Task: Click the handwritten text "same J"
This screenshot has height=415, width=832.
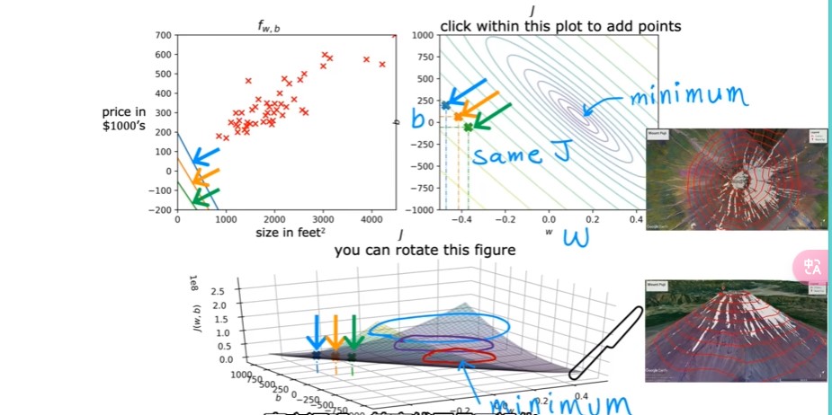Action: coord(522,155)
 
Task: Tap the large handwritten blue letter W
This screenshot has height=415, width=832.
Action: coord(575,238)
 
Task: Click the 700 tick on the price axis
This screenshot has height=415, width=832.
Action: coord(162,35)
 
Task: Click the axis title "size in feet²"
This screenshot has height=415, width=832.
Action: coord(285,234)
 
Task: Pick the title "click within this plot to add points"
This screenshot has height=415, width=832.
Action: coord(559,26)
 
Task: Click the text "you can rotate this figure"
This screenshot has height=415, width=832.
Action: coord(425,250)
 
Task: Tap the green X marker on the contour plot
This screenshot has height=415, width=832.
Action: coord(468,128)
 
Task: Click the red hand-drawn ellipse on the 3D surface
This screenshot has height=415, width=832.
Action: coord(460,356)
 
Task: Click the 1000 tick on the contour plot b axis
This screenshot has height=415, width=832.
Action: coord(424,35)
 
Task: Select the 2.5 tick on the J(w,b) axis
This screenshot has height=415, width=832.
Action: coord(218,292)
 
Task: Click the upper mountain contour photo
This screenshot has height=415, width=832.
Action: coord(736,180)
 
